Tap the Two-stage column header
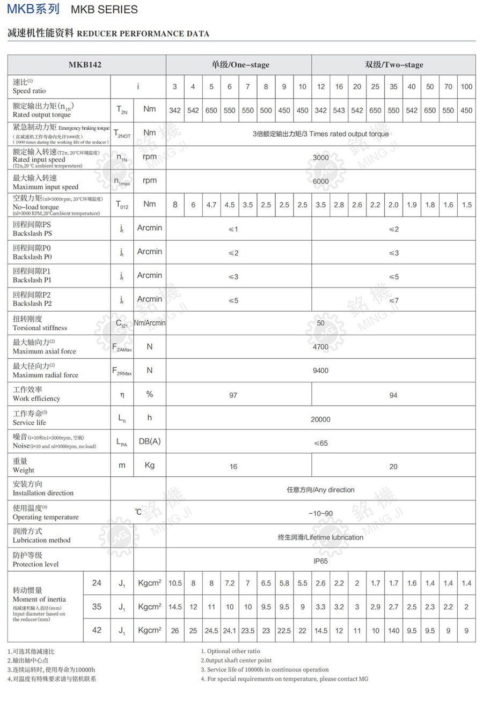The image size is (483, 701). point(394,65)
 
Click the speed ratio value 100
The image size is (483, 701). point(466,87)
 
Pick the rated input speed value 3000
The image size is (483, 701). point(320,158)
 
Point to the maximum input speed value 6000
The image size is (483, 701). point(320,181)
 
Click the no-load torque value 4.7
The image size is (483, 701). point(211,205)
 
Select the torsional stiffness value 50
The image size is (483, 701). point(320,323)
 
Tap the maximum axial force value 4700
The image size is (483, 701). point(320,347)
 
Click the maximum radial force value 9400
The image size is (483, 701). point(320,371)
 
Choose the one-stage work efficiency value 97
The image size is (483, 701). point(233,395)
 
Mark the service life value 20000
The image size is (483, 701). point(320,419)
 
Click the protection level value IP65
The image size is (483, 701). point(320,561)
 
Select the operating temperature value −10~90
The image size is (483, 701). point(320,513)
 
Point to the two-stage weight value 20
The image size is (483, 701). point(393,467)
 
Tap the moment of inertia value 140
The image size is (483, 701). point(393,631)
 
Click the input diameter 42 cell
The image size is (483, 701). point(97,630)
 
